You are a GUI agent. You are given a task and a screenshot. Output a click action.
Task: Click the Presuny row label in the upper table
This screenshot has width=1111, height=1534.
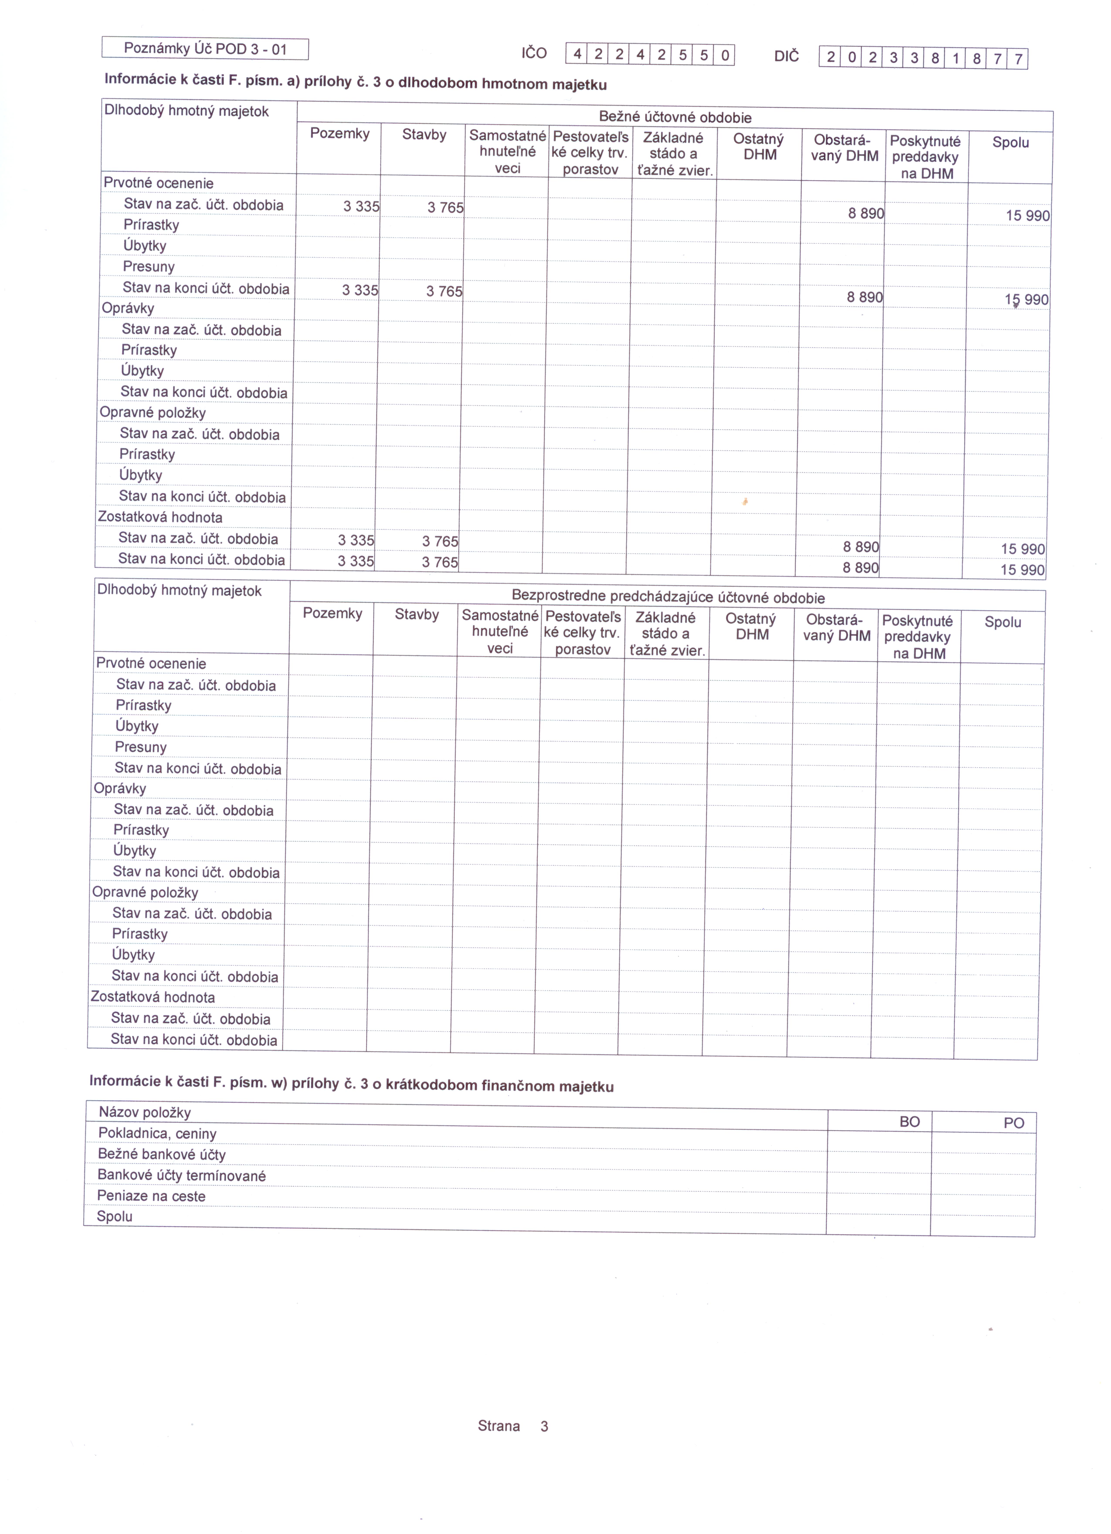[x=149, y=267]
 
